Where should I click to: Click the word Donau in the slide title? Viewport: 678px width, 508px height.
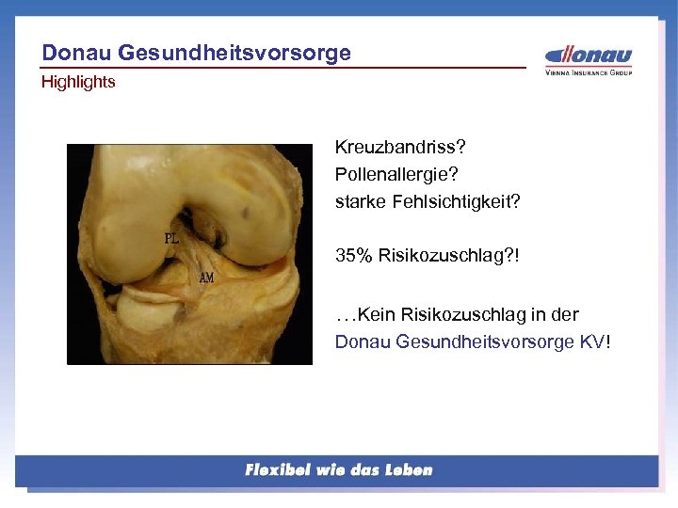pyautogui.click(x=73, y=53)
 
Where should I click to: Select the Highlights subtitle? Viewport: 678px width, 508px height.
pyautogui.click(x=78, y=83)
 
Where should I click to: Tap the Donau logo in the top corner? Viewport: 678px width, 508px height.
pyautogui.click(x=589, y=56)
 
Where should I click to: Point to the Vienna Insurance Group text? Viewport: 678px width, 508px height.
pyautogui.click(x=589, y=72)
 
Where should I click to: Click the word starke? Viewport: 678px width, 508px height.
pyautogui.click(x=357, y=202)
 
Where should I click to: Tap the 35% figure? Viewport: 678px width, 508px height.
pyautogui.click(x=354, y=255)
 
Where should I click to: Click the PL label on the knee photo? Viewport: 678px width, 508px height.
pyautogui.click(x=171, y=238)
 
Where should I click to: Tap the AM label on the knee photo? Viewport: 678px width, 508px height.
pyautogui.click(x=206, y=278)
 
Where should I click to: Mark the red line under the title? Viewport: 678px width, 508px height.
pyautogui.click(x=282, y=68)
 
